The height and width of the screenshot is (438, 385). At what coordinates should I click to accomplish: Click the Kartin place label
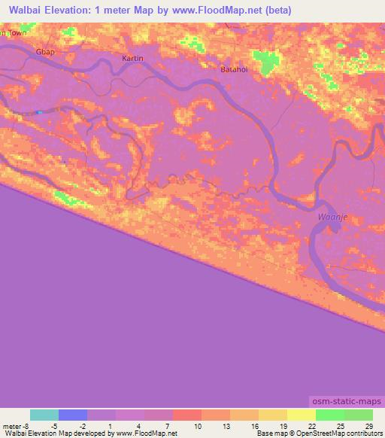(132, 58)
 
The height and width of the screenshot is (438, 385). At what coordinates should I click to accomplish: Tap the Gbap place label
(46, 52)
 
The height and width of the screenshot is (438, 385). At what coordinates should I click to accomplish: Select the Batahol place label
(234, 69)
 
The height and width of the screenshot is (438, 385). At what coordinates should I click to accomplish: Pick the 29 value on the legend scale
(368, 426)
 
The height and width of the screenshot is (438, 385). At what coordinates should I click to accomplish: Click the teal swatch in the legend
(44, 415)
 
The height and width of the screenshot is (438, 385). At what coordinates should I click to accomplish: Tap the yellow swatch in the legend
(302, 415)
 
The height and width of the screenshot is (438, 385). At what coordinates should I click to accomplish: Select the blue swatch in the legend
(73, 415)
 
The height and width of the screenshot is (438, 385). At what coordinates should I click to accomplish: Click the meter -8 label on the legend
(16, 426)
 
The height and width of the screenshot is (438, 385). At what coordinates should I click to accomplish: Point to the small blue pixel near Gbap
(38, 113)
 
